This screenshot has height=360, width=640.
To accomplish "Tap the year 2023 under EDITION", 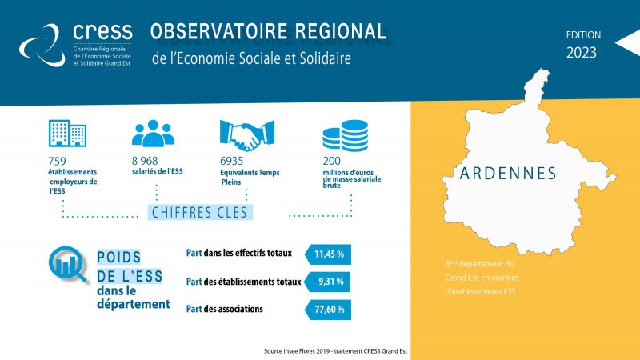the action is (x=582, y=53).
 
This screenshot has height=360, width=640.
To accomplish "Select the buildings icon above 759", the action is (x=67, y=133).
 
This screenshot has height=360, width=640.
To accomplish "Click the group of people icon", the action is (x=153, y=134).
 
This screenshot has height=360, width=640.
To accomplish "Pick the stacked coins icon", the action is (x=346, y=135).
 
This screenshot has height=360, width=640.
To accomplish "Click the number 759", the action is (x=57, y=162).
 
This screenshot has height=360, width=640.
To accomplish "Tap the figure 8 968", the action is (x=145, y=161).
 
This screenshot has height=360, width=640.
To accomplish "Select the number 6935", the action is (x=231, y=161).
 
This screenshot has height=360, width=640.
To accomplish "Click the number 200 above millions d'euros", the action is (x=331, y=161).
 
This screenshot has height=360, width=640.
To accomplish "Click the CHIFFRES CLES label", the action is (x=200, y=212).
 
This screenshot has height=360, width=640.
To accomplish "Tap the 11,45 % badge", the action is (x=328, y=254).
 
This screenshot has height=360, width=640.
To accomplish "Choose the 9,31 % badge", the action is (x=328, y=282).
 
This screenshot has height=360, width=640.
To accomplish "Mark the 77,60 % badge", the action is (x=328, y=310).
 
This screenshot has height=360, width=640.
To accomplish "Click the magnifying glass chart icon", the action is (x=67, y=265).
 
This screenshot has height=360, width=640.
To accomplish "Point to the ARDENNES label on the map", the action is (x=508, y=174).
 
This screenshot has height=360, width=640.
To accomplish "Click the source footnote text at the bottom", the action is (x=335, y=351).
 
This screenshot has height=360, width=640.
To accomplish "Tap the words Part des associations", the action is (x=225, y=309).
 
